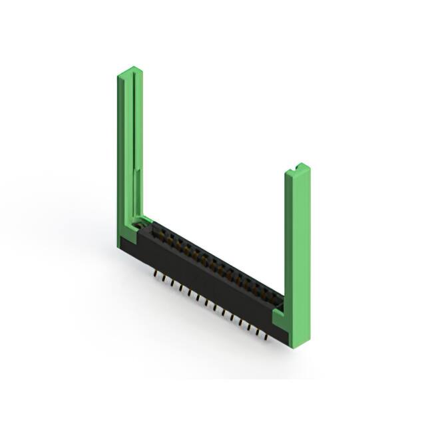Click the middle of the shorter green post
pyautogui.click(x=298, y=253)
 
